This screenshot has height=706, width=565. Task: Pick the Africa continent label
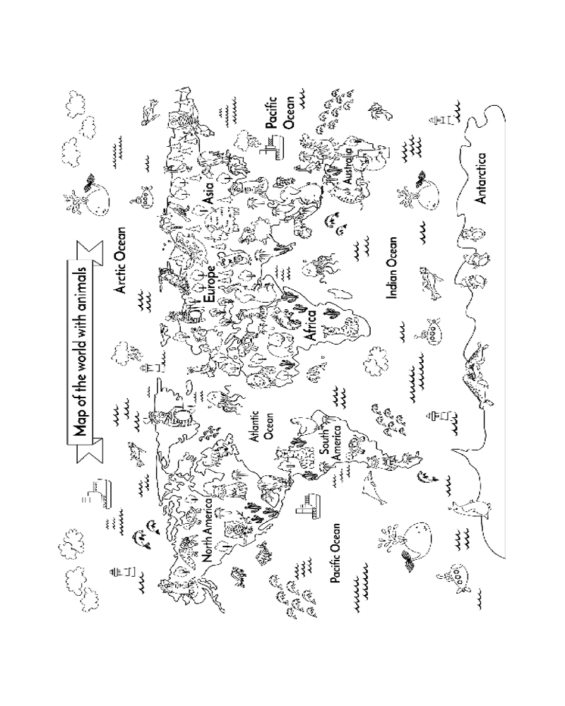[309, 326]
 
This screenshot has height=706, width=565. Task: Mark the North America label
[207, 529]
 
